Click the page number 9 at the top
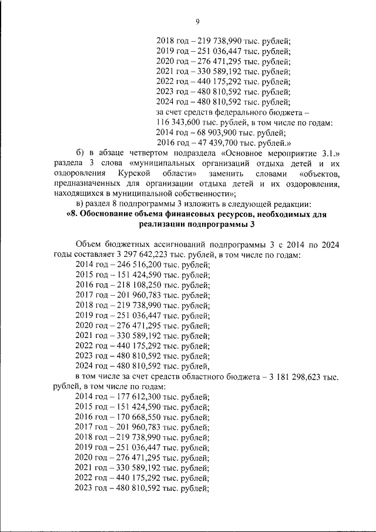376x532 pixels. click(x=197, y=22)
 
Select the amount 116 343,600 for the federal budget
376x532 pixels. click(x=180, y=123)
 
